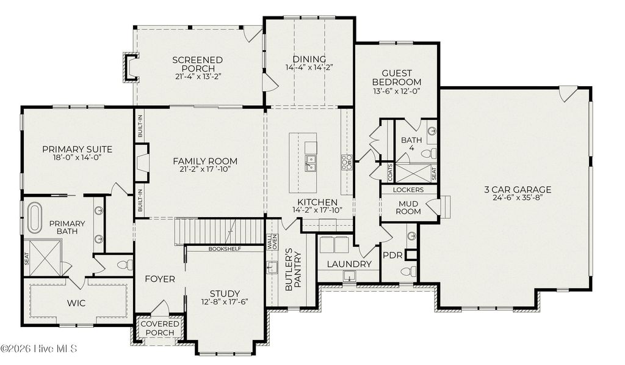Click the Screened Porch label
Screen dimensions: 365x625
(197, 64)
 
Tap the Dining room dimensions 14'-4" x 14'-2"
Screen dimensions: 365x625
(309, 68)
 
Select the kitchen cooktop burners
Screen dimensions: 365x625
(346, 162)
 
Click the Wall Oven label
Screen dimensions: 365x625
(272, 241)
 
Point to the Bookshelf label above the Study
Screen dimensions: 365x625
(225, 249)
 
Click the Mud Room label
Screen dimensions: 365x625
(409, 207)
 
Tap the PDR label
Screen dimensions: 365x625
(392, 255)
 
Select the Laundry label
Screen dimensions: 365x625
(349, 264)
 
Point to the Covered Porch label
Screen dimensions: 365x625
(159, 328)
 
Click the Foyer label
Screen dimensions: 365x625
(160, 279)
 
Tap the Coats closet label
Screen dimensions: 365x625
(389, 172)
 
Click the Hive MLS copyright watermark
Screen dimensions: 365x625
(39, 348)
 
